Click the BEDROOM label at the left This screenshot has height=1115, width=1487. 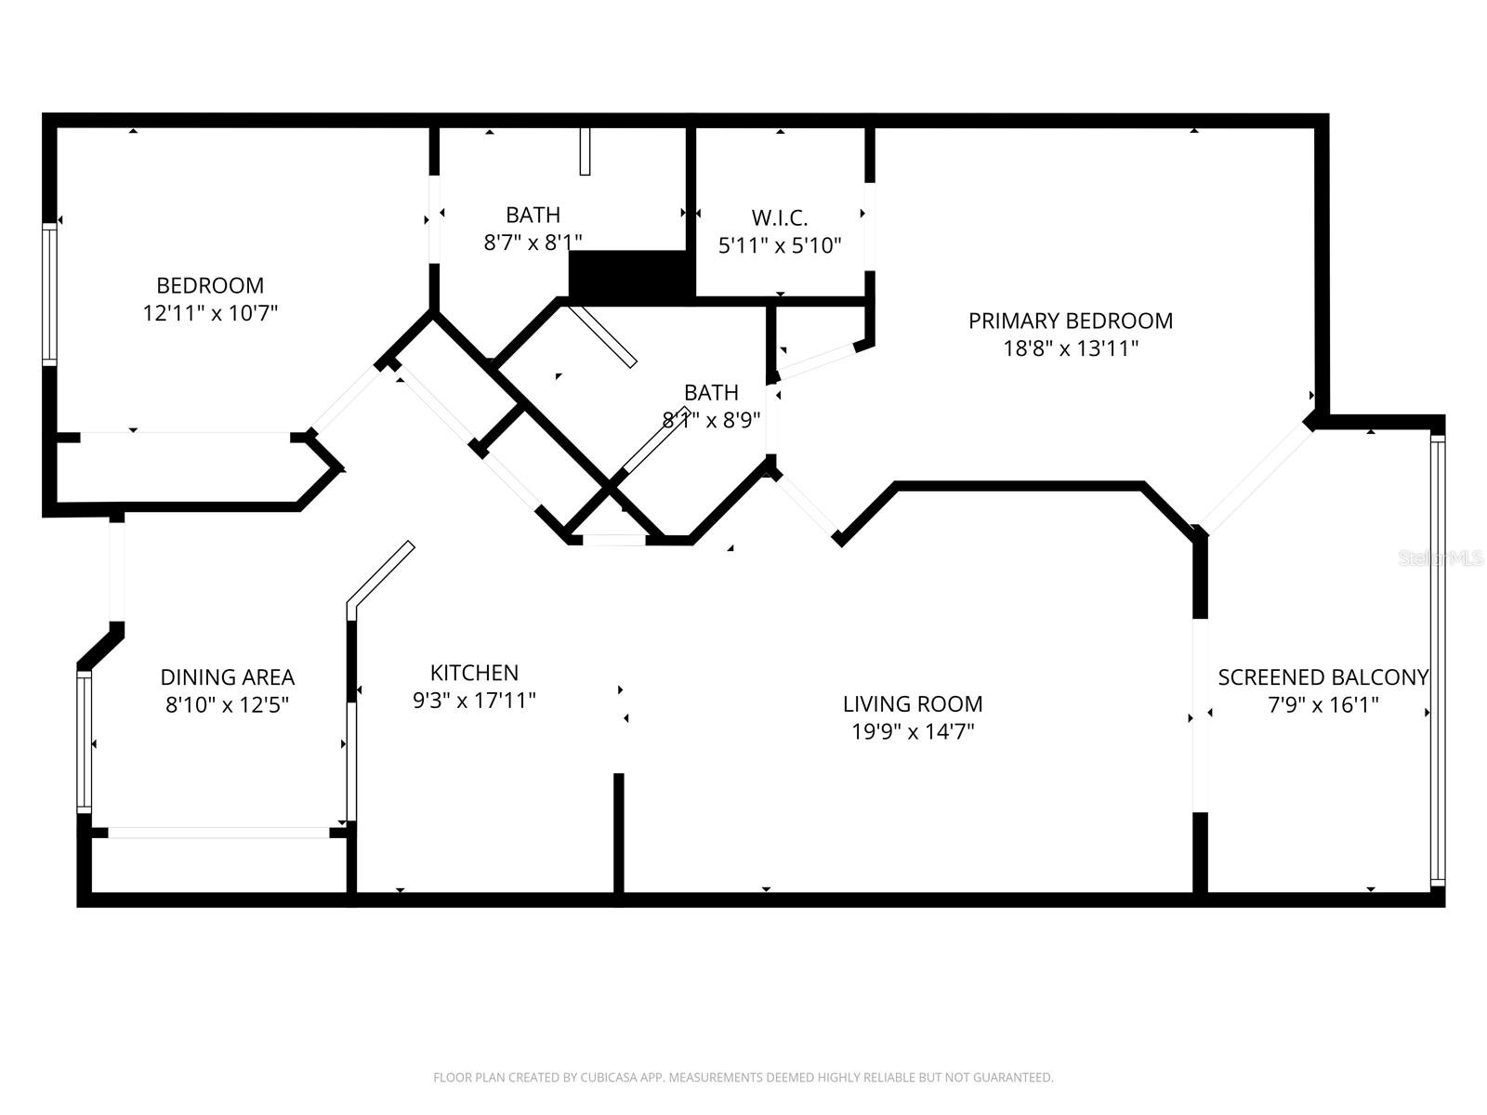[210, 285]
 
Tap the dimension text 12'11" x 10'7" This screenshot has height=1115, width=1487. [210, 313]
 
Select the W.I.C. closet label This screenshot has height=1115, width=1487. [779, 217]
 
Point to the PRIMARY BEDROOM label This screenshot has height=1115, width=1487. [1070, 321]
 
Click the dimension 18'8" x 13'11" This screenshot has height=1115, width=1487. [1070, 348]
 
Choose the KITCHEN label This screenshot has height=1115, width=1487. [474, 673]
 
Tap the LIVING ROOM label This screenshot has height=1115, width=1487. [912, 703]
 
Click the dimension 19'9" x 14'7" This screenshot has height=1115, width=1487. [912, 731]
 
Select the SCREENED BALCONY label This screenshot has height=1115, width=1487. [1323, 677]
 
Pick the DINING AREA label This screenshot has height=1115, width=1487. [227, 677]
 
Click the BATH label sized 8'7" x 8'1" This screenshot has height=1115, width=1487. [533, 215]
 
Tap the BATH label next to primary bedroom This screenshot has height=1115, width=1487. [711, 392]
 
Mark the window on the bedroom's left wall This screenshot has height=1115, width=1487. [49, 293]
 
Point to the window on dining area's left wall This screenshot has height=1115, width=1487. [85, 741]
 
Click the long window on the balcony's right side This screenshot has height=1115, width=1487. [1438, 660]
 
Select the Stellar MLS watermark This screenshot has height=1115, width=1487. [1441, 558]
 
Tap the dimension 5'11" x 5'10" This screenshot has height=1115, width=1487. [779, 246]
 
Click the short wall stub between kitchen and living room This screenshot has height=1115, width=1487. [618, 832]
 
